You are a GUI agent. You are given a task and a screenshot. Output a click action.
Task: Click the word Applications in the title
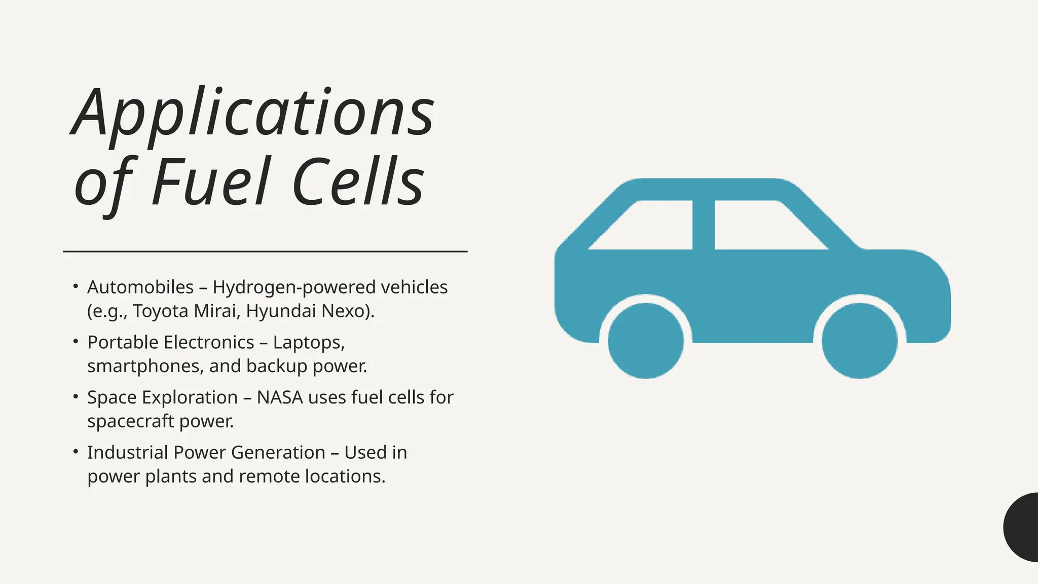tap(252, 113)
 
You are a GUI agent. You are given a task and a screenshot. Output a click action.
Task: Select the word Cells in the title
tap(358, 182)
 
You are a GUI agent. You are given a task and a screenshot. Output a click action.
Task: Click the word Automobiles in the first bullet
tap(140, 287)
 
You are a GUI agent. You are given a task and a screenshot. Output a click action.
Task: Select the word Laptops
tap(309, 343)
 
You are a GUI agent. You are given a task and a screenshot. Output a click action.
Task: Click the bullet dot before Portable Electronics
tap(76, 342)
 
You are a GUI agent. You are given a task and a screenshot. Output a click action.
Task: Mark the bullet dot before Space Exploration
tap(76, 396)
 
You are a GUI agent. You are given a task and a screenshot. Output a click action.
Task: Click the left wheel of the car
tap(645, 341)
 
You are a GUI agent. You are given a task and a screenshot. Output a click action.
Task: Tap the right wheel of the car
tap(859, 341)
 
